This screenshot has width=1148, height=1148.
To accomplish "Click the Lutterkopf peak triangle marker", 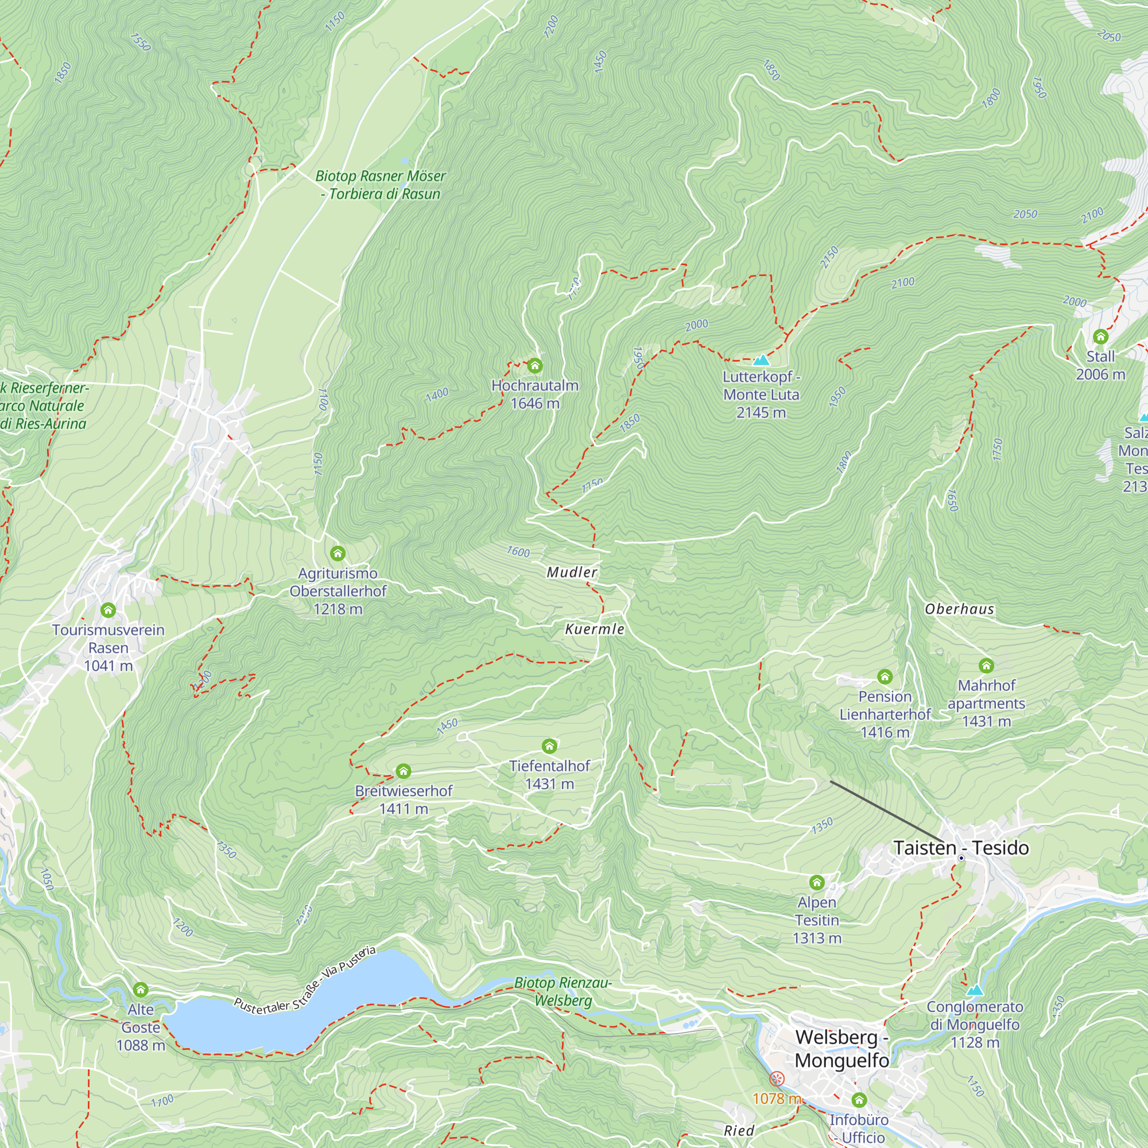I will point(761,360).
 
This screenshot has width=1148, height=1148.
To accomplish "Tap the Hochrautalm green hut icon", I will point(535,366).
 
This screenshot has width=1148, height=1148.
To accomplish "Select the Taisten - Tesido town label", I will point(961,848).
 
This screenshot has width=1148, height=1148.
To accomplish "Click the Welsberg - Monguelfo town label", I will point(841,1049).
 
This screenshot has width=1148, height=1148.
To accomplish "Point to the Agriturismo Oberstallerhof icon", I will point(338,553).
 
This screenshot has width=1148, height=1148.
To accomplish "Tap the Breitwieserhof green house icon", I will point(404,771).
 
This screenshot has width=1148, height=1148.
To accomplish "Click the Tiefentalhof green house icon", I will point(549,746).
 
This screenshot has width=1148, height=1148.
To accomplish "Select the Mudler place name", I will point(572,572).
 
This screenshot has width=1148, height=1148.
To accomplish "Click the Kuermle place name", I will point(595,629).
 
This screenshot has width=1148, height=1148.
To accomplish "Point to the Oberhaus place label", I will point(959,609).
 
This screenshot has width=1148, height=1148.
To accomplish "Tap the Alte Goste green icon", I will point(140,990).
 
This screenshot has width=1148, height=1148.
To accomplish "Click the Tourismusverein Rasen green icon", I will point(108,610).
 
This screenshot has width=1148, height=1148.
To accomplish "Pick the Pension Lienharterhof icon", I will point(885,676).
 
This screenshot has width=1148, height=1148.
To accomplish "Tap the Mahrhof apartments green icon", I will point(986,665).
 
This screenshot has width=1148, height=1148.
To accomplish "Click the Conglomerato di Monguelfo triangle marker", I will point(975,991).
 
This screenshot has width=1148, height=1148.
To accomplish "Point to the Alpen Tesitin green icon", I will point(816,882).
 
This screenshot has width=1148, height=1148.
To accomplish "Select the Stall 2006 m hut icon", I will point(1100,337).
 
